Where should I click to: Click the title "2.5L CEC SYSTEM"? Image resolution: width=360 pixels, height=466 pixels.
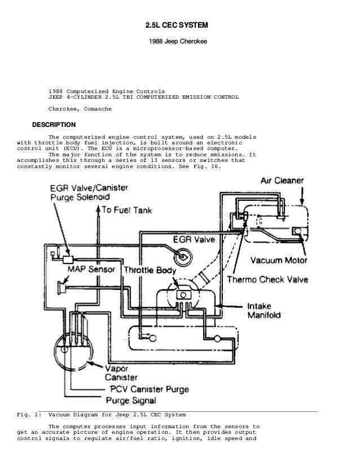pyautogui.click(x=177, y=26)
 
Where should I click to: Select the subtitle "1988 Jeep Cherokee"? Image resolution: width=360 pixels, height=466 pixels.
pyautogui.click(x=177, y=42)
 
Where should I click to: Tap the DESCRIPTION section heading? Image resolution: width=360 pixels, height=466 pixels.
pyautogui.click(x=54, y=124)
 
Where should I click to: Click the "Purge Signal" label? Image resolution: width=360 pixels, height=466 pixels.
pyautogui.click(x=131, y=401)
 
